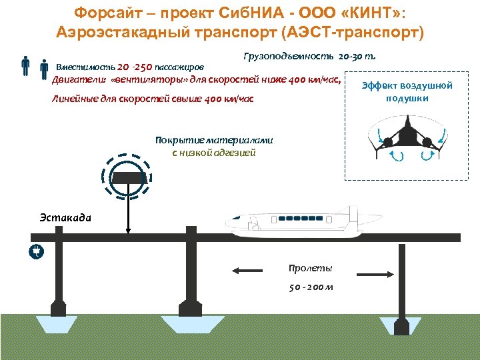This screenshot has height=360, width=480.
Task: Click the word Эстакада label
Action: [65, 217]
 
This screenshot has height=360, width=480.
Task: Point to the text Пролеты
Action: [310, 268]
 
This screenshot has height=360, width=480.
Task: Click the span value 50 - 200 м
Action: [311, 287]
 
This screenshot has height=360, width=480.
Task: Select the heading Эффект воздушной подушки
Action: [407, 92]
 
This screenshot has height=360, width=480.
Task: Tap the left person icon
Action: [25, 66]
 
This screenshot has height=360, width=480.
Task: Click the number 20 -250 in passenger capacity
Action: [134, 67]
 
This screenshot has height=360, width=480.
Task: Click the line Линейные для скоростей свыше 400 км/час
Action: [153, 99]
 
